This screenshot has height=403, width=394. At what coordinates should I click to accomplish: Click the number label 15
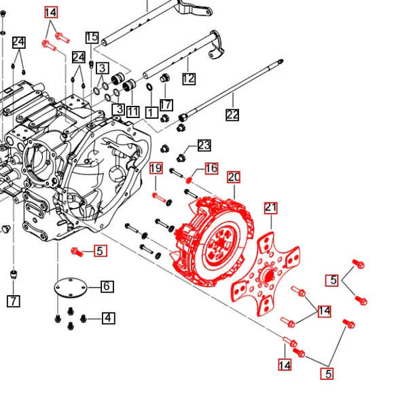coord(92,37)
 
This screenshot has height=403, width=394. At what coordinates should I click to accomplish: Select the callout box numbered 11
coord(132,111)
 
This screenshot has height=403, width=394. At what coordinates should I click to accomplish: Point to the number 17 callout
coord(166,105)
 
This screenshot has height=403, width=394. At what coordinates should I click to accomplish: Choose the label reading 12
coord(188,79)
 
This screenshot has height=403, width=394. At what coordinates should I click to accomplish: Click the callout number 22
coord(232,115)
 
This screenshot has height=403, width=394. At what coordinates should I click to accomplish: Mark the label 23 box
coord(204,145)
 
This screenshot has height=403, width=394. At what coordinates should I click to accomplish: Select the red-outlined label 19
coord(156,168)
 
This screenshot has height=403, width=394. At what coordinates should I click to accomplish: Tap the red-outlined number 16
coord(211,168)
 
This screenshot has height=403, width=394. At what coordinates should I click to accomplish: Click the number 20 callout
coord(234,177)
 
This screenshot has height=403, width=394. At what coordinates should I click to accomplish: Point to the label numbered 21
coord(271,208)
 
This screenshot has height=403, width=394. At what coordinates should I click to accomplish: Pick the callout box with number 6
coord(107,286)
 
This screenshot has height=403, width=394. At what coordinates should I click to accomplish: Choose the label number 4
coord(108,318)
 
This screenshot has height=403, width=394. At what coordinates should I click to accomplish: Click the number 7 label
coord(13,301)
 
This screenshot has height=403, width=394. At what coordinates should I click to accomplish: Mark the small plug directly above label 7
coord(12,275)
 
